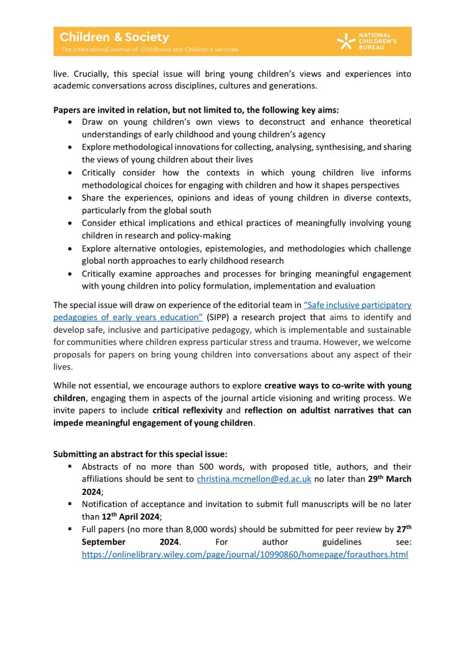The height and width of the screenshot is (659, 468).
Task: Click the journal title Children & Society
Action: pos(114,37)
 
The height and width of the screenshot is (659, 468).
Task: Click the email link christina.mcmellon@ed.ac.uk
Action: pos(254,479)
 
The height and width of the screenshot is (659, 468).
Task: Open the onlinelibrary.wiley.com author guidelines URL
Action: pos(245,555)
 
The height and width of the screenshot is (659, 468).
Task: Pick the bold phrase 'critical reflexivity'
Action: pos(189,410)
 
